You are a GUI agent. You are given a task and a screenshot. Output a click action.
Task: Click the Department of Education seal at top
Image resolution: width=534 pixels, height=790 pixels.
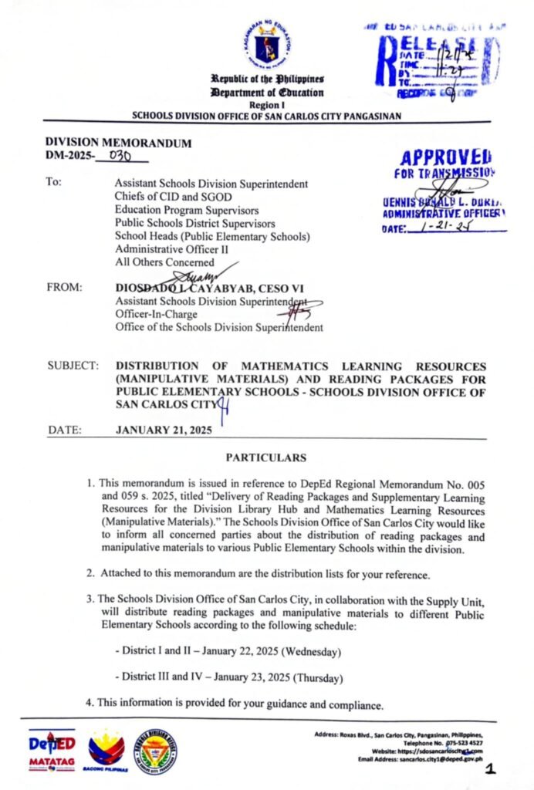[267, 44]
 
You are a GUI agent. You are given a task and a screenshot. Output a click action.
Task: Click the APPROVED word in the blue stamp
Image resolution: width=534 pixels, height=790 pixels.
[447, 157]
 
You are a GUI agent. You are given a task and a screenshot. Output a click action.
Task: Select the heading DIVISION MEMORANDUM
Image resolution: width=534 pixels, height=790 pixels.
[118, 143]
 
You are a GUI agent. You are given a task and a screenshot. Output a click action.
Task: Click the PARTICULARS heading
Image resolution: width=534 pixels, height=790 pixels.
[266, 457]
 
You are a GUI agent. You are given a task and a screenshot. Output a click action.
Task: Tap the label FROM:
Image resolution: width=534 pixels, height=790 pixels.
[65, 288]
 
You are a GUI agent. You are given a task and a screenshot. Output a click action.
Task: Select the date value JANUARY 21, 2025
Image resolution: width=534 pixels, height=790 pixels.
[163, 430]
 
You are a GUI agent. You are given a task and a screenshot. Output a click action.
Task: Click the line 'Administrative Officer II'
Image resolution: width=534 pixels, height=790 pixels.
[170, 249]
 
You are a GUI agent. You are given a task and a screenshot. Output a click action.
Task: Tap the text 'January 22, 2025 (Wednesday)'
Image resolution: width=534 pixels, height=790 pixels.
[263, 652]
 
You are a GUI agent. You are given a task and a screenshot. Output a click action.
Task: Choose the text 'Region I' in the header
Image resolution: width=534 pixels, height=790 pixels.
[266, 105]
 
